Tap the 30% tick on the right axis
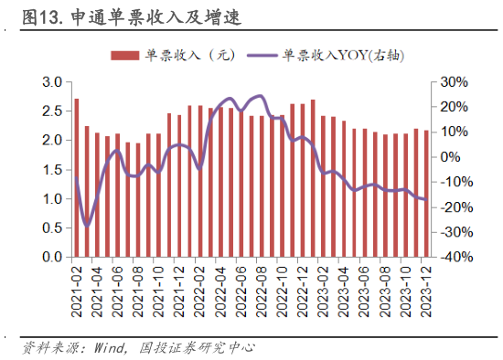(x=455, y=82)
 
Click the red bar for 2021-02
(x=77, y=178)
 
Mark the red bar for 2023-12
(x=426, y=194)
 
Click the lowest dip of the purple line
(x=87, y=225)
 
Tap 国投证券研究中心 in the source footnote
(x=197, y=348)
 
